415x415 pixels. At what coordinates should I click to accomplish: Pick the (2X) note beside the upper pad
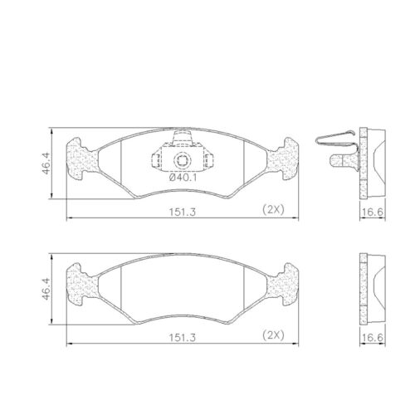coord(272,208)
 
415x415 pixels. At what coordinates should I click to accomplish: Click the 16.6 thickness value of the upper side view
coord(370,212)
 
